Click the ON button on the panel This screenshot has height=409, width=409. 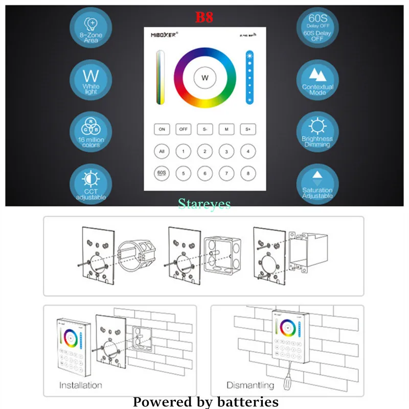162,129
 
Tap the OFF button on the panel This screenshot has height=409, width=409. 184,129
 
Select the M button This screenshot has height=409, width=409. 226,129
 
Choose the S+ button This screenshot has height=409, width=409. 248,129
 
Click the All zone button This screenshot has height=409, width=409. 162,151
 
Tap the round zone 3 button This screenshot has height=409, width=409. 226,151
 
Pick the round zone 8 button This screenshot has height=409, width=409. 248,173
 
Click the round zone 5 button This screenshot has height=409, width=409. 184,173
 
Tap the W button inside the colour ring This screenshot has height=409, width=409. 205,78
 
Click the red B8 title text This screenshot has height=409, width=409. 204,17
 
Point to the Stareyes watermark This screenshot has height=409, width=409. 204,204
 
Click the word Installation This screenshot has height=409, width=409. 80,385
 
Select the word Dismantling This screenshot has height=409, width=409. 251,385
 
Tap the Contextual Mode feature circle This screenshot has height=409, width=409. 317,80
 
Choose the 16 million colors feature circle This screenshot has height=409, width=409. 90,131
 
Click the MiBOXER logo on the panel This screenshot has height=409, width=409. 164,35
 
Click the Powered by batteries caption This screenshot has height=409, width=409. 206,402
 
